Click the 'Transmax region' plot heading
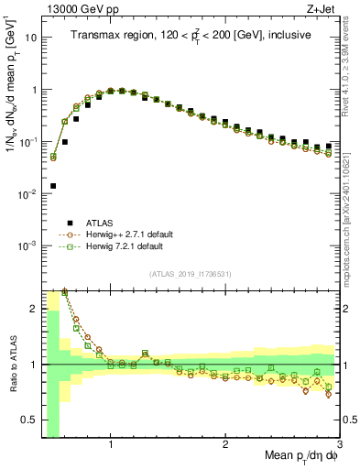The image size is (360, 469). point(191,35)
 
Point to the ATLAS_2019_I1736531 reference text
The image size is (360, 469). point(191,273)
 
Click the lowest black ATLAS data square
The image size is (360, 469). point(53,186)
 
